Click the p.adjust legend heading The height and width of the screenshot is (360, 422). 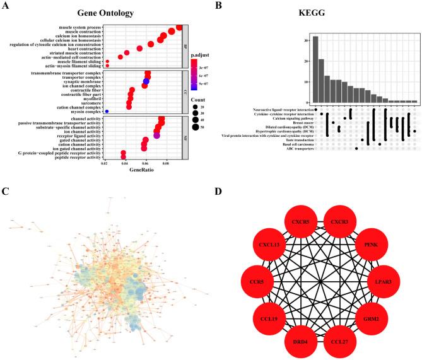[201, 56]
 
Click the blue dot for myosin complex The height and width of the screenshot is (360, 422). [107, 112]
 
